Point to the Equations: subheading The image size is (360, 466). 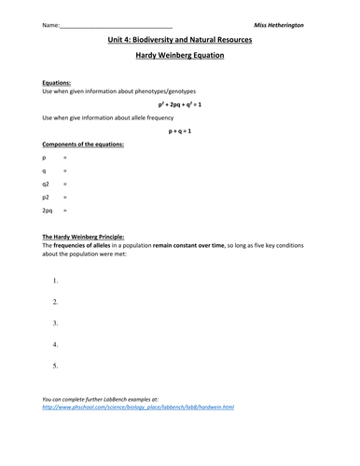pyautogui.click(x=62, y=82)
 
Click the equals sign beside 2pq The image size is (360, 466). pyautogui.click(x=65, y=211)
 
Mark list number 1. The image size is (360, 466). pyautogui.click(x=55, y=280)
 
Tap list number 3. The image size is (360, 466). pyautogui.click(x=55, y=322)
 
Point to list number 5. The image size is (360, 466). pyautogui.click(x=55, y=365)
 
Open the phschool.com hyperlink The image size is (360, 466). pyautogui.click(x=139, y=407)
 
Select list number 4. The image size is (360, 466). pyautogui.click(x=55, y=344)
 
